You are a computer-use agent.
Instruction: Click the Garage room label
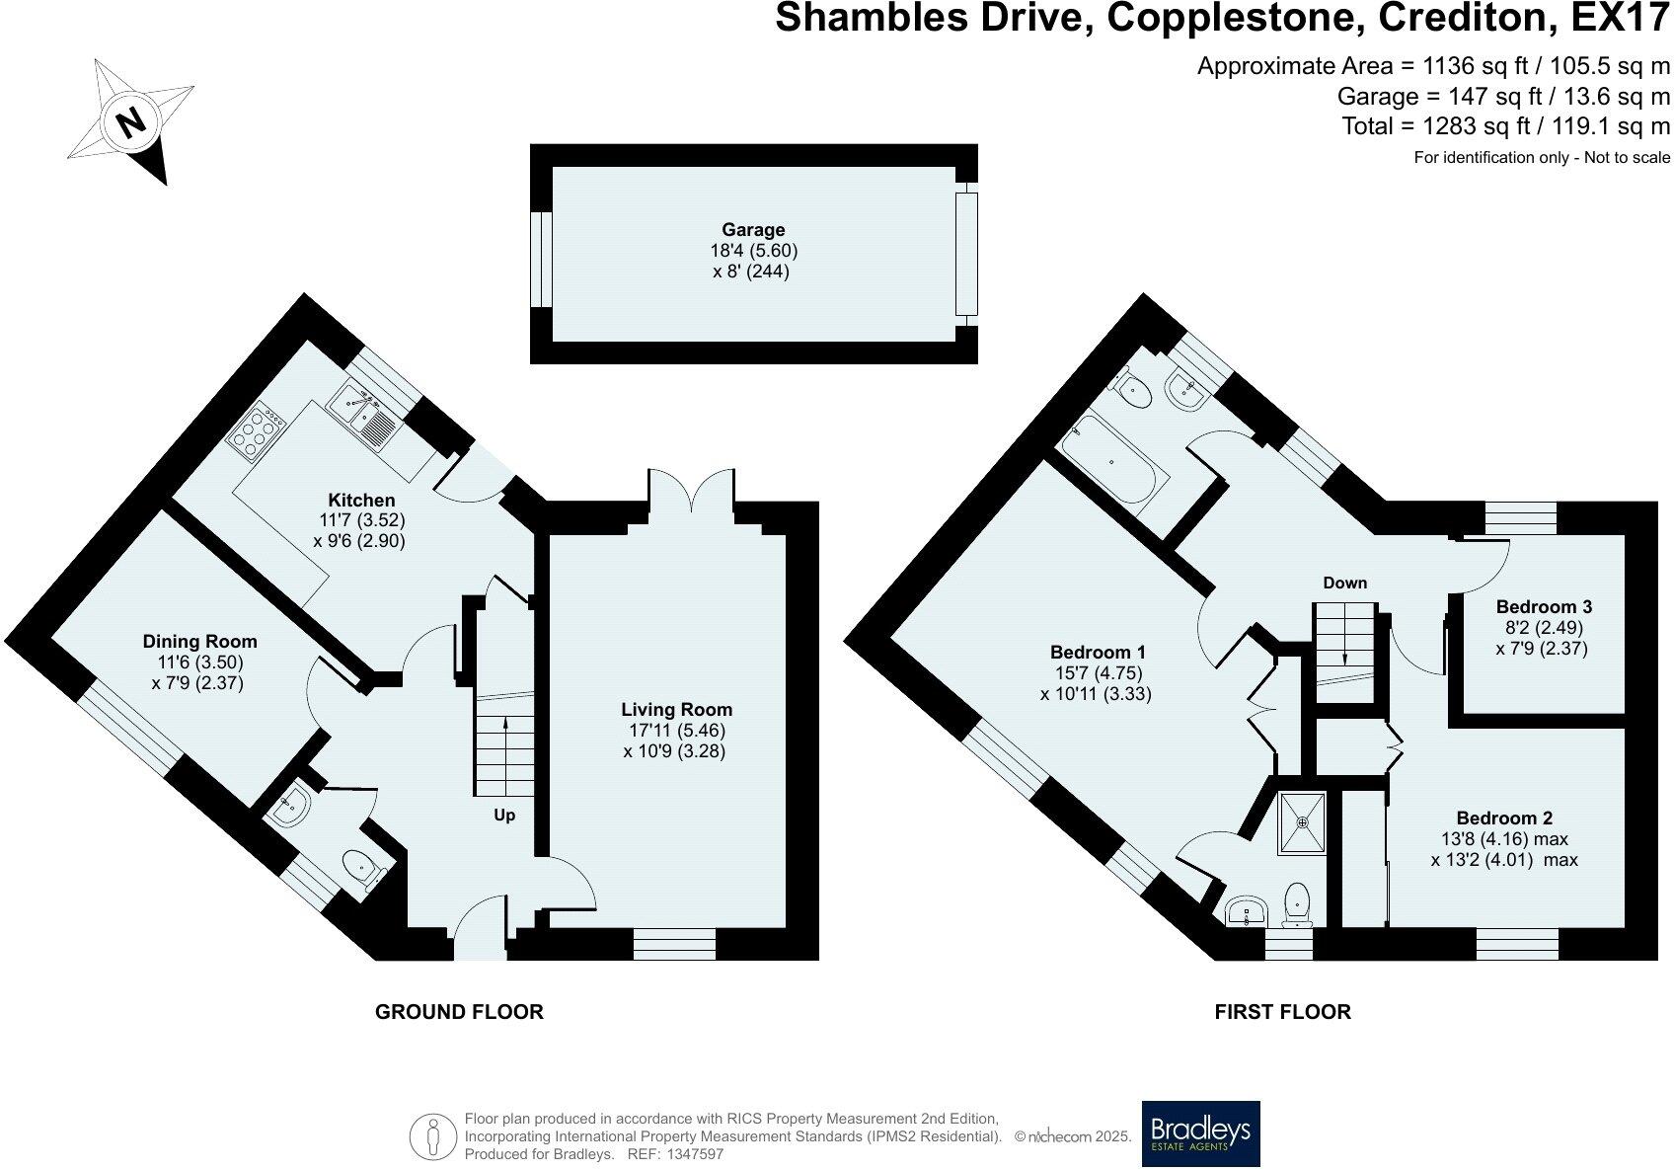752,229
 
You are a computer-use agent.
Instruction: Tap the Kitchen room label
361,501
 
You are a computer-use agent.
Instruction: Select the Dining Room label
199,642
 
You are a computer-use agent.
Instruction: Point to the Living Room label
676,710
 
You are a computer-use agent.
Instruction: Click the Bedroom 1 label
1098,652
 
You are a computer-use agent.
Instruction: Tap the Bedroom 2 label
1504,818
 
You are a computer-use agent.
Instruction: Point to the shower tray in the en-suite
1303,822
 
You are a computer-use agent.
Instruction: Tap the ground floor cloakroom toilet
365,870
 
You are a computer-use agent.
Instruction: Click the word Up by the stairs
504,816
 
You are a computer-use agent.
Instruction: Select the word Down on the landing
1345,583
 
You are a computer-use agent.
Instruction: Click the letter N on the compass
133,121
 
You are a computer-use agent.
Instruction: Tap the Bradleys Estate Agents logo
1201,1133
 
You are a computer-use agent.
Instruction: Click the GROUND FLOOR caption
459,1011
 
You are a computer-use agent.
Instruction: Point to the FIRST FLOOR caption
1282,1011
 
